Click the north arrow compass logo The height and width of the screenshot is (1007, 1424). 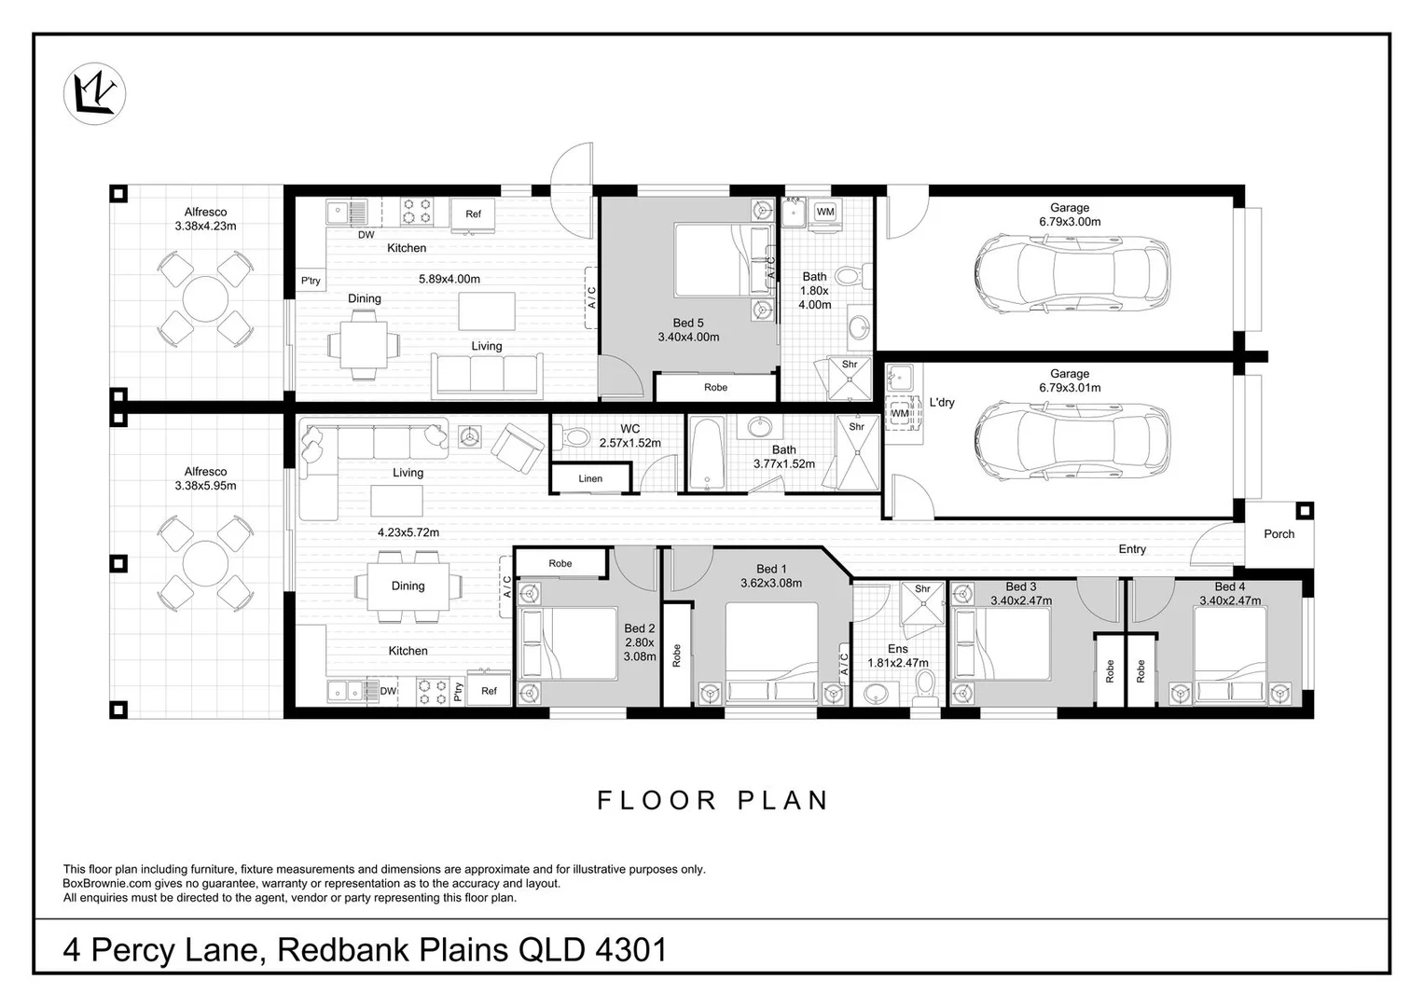tap(95, 93)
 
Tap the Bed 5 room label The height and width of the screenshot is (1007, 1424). tap(688, 323)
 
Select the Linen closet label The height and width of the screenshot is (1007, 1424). tap(590, 478)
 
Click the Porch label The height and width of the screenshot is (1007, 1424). tap(1279, 534)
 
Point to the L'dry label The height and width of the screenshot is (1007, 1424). tap(942, 403)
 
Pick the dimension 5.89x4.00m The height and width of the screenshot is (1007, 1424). tap(449, 279)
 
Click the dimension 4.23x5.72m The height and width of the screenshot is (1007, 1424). tap(408, 532)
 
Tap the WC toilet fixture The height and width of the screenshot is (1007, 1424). tap(572, 437)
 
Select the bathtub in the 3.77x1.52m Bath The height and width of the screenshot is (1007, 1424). tap(706, 453)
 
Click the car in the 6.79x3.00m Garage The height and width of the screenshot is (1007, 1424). tap(1071, 275)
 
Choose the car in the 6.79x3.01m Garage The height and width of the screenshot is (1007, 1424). tap(1071, 440)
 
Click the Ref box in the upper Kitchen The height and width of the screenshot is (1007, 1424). tap(473, 214)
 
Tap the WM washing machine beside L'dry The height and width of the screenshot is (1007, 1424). tap(900, 413)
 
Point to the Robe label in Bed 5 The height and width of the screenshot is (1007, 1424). tap(715, 387)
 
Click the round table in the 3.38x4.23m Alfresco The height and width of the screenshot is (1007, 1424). tap(205, 298)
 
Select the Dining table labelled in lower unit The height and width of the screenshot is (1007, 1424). tap(408, 586)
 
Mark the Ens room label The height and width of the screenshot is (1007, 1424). tap(898, 648)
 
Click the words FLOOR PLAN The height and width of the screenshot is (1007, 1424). tap(712, 801)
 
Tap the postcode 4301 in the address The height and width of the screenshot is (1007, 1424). tap(631, 950)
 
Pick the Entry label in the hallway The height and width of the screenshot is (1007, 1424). tap(1132, 549)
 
